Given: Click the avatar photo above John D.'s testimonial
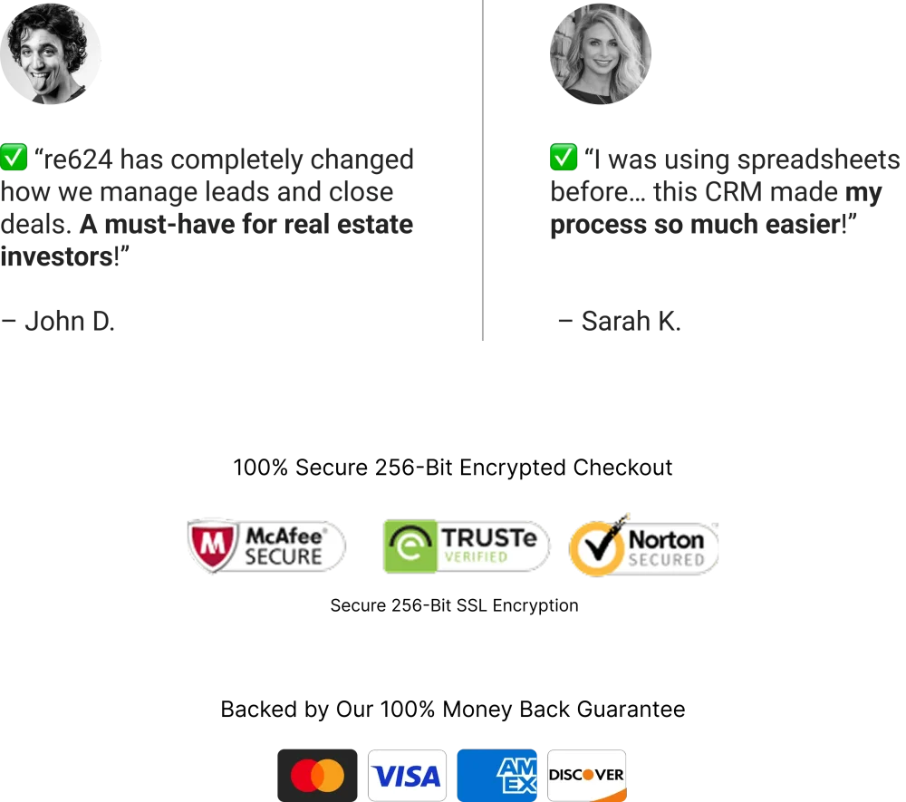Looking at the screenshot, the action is [50, 53].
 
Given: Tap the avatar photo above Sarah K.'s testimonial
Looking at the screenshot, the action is [601, 53].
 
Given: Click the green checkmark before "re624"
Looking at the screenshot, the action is [14, 157].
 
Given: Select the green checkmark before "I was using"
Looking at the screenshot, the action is [564, 157].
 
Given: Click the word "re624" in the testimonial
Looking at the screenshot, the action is [78, 159].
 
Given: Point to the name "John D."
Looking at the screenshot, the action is [70, 322].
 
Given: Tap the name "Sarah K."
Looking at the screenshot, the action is [631, 322].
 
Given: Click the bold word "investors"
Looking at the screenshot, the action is [57, 256].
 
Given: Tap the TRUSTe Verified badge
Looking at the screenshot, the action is [467, 546].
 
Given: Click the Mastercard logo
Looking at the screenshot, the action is [317, 776].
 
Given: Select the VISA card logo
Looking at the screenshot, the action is [408, 776].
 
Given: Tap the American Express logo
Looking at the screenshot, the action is [496, 776].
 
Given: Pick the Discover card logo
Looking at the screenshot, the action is [587, 776].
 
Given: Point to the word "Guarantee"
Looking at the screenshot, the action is [631, 709].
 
